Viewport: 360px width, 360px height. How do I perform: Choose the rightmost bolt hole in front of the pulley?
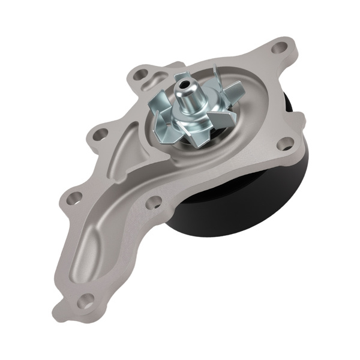point(289,142)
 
